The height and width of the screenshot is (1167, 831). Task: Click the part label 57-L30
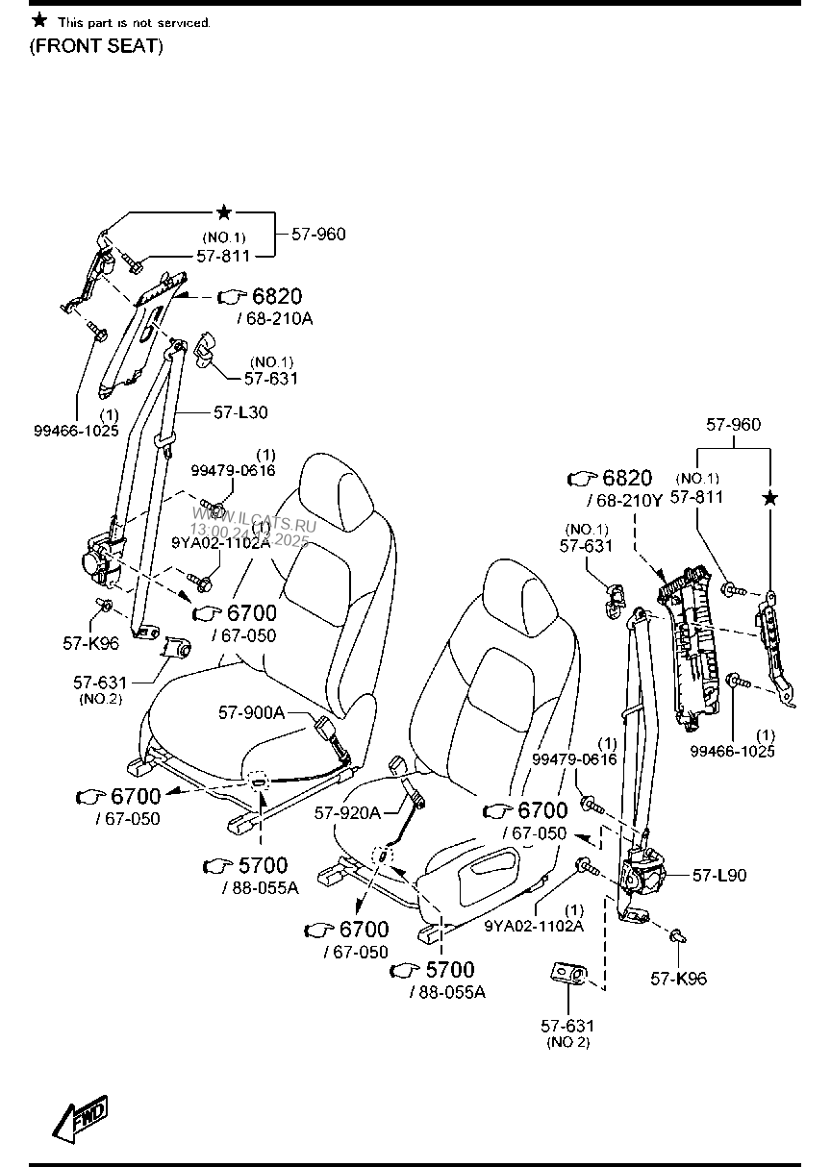coord(240,412)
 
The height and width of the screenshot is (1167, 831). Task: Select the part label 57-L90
coord(718,876)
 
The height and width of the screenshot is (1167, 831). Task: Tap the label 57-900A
coord(251,712)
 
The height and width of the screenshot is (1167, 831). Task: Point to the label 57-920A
coord(347,813)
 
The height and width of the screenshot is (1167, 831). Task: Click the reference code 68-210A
coord(273,318)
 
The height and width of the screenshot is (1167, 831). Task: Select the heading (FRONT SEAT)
coord(96,46)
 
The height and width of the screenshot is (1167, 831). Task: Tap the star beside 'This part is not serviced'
coord(38,20)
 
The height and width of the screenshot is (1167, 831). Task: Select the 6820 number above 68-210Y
coord(627,479)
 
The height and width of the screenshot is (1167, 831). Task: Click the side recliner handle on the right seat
coord(499,869)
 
